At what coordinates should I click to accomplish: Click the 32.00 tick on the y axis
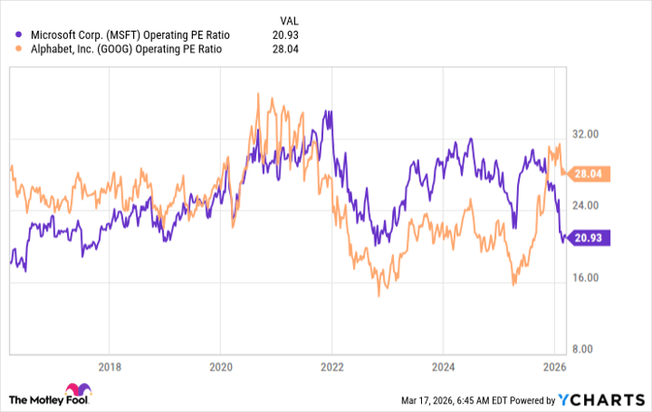pos(585,134)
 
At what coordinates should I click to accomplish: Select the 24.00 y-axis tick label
pos(585,206)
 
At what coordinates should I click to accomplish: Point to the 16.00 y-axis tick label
pos(585,278)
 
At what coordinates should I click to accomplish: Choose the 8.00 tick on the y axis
pos(582,350)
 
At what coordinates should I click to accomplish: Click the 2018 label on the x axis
pos(110,365)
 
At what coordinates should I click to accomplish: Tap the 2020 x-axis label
pos(221,365)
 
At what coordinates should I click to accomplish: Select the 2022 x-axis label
pos(333,365)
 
